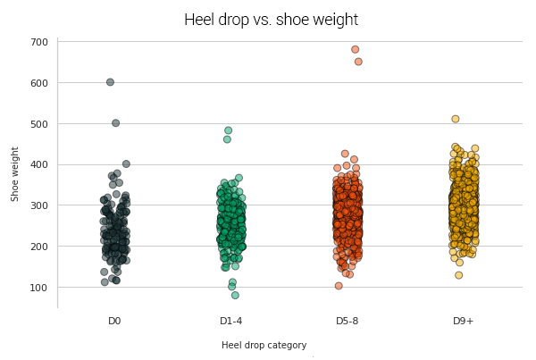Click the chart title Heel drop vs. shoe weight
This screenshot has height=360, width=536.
tap(271, 20)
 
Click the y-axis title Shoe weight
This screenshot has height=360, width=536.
tap(15, 173)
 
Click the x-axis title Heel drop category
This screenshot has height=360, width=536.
tap(264, 345)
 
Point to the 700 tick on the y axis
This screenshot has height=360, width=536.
tap(38, 42)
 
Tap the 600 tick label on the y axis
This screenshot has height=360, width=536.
tap(38, 83)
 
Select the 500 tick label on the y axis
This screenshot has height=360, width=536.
tap(38, 124)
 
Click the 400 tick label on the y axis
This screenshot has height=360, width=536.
tap(38, 164)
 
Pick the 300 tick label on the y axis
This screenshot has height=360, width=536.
tap(38, 205)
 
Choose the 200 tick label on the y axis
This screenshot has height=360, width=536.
tap(38, 247)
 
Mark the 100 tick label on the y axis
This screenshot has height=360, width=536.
tap(38, 288)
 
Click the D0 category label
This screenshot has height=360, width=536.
tap(114, 321)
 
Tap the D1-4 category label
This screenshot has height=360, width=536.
tap(231, 321)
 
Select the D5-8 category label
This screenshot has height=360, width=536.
tap(348, 321)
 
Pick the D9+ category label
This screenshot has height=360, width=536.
tap(464, 321)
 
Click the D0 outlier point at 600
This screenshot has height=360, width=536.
tap(110, 82)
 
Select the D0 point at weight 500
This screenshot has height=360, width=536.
tap(115, 123)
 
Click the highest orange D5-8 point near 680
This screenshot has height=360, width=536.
tap(355, 50)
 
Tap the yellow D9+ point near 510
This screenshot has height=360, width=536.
tap(455, 119)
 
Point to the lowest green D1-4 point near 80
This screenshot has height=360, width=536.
tap(235, 295)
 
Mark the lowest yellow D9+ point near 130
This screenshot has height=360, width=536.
tap(458, 275)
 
